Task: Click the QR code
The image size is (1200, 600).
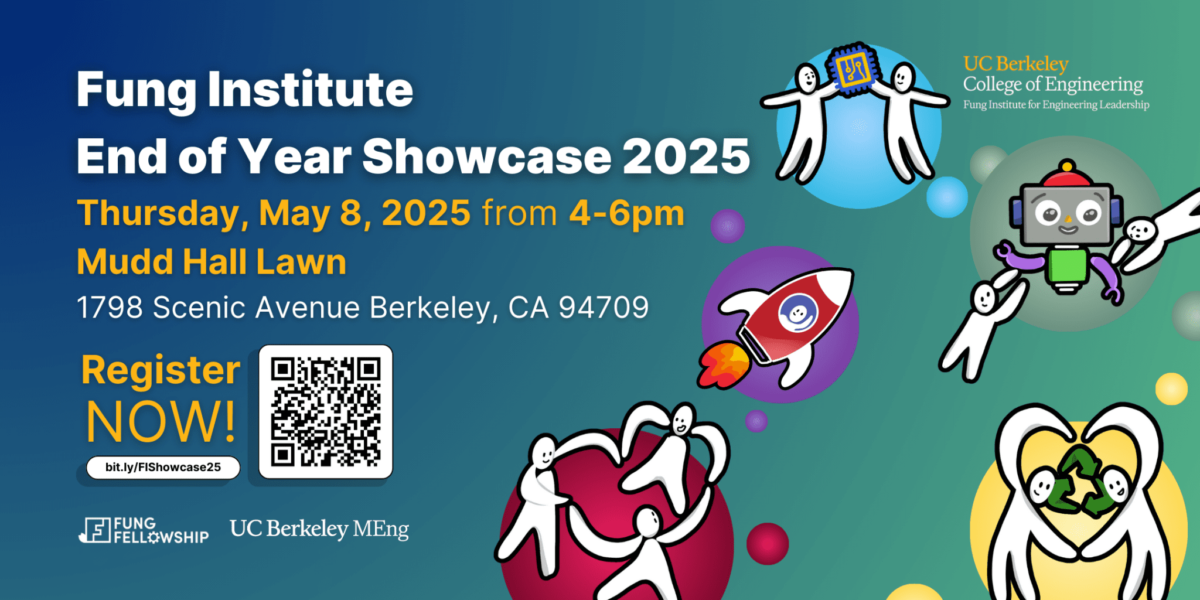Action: click(x=326, y=411)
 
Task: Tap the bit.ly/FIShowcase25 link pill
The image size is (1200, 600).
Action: click(x=163, y=467)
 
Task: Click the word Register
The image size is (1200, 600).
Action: click(x=161, y=370)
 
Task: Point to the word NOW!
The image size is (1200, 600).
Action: click(x=161, y=422)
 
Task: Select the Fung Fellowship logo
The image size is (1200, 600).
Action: click(x=144, y=530)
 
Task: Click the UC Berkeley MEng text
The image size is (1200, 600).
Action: click(x=319, y=529)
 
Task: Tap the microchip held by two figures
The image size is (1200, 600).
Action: click(x=854, y=69)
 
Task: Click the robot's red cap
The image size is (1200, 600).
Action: click(x=1066, y=175)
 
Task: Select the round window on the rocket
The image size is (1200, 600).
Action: click(x=798, y=313)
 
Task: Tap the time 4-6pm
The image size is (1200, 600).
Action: click(x=626, y=213)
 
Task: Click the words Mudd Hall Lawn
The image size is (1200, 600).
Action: click(x=212, y=261)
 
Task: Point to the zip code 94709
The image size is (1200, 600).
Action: click(x=604, y=307)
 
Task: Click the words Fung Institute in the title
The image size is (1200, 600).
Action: click(x=245, y=89)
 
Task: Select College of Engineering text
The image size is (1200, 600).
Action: click(x=1053, y=84)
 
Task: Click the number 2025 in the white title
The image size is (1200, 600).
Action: click(x=686, y=156)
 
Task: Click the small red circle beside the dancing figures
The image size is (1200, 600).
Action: click(x=767, y=543)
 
